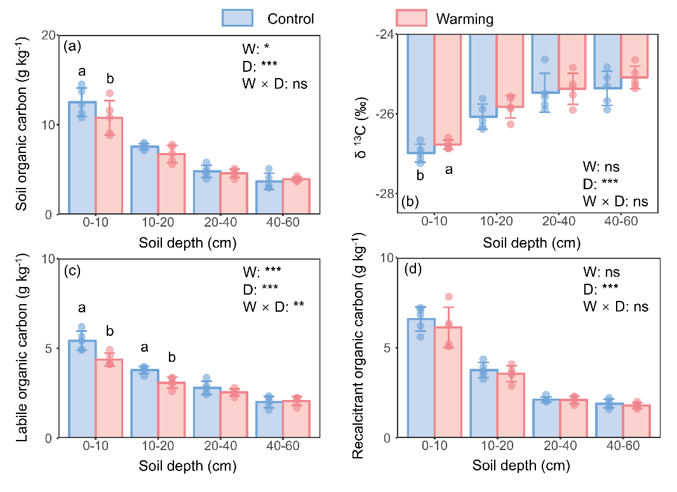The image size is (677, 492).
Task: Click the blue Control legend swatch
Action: click(x=238, y=18)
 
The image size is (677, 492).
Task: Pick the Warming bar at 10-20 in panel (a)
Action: click(x=171, y=183)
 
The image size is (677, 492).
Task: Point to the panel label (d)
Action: click(x=413, y=269)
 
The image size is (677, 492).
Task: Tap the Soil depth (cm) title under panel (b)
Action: click(x=532, y=243)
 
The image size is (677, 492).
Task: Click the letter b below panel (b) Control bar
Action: click(x=420, y=175)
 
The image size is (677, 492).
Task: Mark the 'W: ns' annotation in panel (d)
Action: click(x=601, y=273)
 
